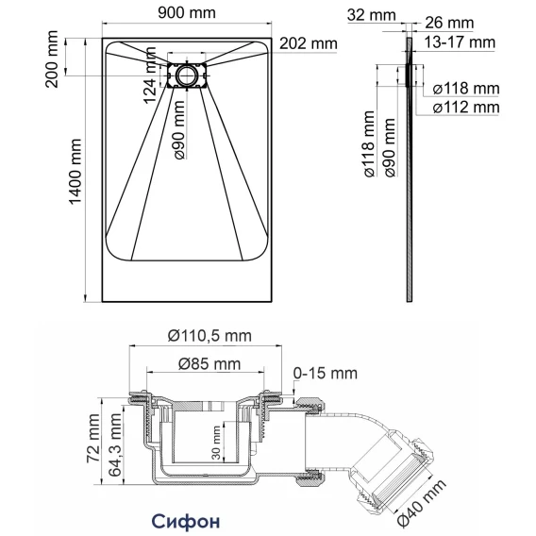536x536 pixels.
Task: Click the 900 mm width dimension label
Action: tap(187, 13)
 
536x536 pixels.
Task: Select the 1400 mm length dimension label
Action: tap(75, 172)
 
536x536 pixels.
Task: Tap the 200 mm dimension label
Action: tap(52, 59)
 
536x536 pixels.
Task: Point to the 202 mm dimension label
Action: tap(309, 43)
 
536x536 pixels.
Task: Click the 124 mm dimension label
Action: tap(149, 75)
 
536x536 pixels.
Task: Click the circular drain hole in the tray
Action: tap(187, 75)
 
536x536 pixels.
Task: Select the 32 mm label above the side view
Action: tap(371, 15)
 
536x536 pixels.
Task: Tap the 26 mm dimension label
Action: tap(449, 23)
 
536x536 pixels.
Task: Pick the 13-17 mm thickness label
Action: tap(460, 42)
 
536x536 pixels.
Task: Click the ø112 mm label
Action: tap(466, 108)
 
